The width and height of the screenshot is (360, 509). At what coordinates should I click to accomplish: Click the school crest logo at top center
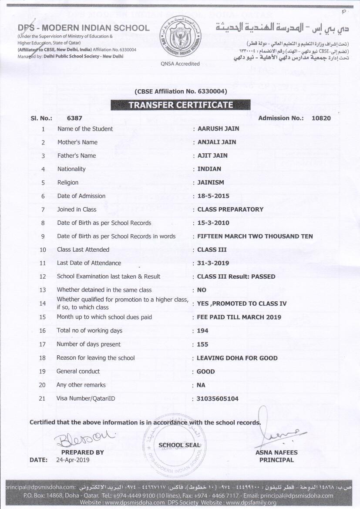pos(180,37)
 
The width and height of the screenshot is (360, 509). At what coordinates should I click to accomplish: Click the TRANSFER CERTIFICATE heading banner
pos(180,105)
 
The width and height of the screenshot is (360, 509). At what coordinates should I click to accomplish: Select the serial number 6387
pos(74,118)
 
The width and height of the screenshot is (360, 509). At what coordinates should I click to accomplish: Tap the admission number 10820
pos(321,118)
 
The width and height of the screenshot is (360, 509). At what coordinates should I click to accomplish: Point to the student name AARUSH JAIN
pos(218,129)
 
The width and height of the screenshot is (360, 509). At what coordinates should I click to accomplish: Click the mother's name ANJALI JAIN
pos(217,142)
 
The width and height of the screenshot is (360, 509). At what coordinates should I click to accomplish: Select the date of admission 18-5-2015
pos(213,196)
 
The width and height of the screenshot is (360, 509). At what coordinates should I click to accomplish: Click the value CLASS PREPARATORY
pos(230,209)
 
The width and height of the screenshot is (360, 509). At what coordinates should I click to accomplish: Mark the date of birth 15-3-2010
pos(213,223)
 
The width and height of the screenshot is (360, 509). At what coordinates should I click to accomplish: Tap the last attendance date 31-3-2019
pos(213,263)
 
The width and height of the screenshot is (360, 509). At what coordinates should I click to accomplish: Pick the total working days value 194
pos(202,331)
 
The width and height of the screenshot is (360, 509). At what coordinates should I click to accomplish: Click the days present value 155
pos(202,344)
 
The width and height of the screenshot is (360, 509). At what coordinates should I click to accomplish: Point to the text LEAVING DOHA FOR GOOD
pos(237,358)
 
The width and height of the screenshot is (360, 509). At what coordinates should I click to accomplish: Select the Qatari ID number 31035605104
pos(218,399)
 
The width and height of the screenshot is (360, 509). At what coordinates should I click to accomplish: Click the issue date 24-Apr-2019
pos(73,460)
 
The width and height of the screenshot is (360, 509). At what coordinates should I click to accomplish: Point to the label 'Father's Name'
pos(77,156)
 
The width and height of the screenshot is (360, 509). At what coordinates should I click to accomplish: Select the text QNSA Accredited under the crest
pos(180,64)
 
